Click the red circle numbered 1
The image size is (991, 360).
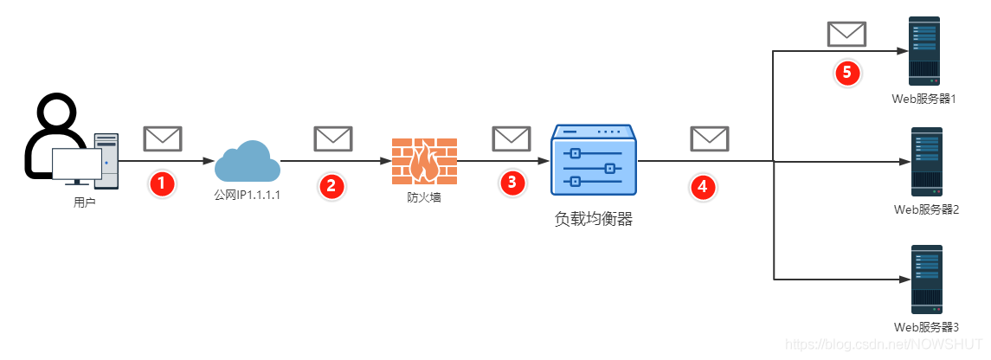click(162, 183)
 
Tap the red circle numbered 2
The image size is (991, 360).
click(331, 184)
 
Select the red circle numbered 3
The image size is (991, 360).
click(513, 182)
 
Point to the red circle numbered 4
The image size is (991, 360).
click(702, 185)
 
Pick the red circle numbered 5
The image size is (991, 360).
click(847, 72)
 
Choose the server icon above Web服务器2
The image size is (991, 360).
click(925, 161)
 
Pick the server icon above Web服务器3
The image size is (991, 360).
click(925, 279)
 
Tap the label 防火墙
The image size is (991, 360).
click(424, 196)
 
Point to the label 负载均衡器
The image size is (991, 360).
click(594, 219)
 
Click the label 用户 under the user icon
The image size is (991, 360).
click(85, 203)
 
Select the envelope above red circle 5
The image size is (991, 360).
click(846, 35)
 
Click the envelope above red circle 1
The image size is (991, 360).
click(162, 138)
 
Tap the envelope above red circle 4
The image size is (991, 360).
click(709, 138)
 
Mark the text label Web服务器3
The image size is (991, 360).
click(925, 327)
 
